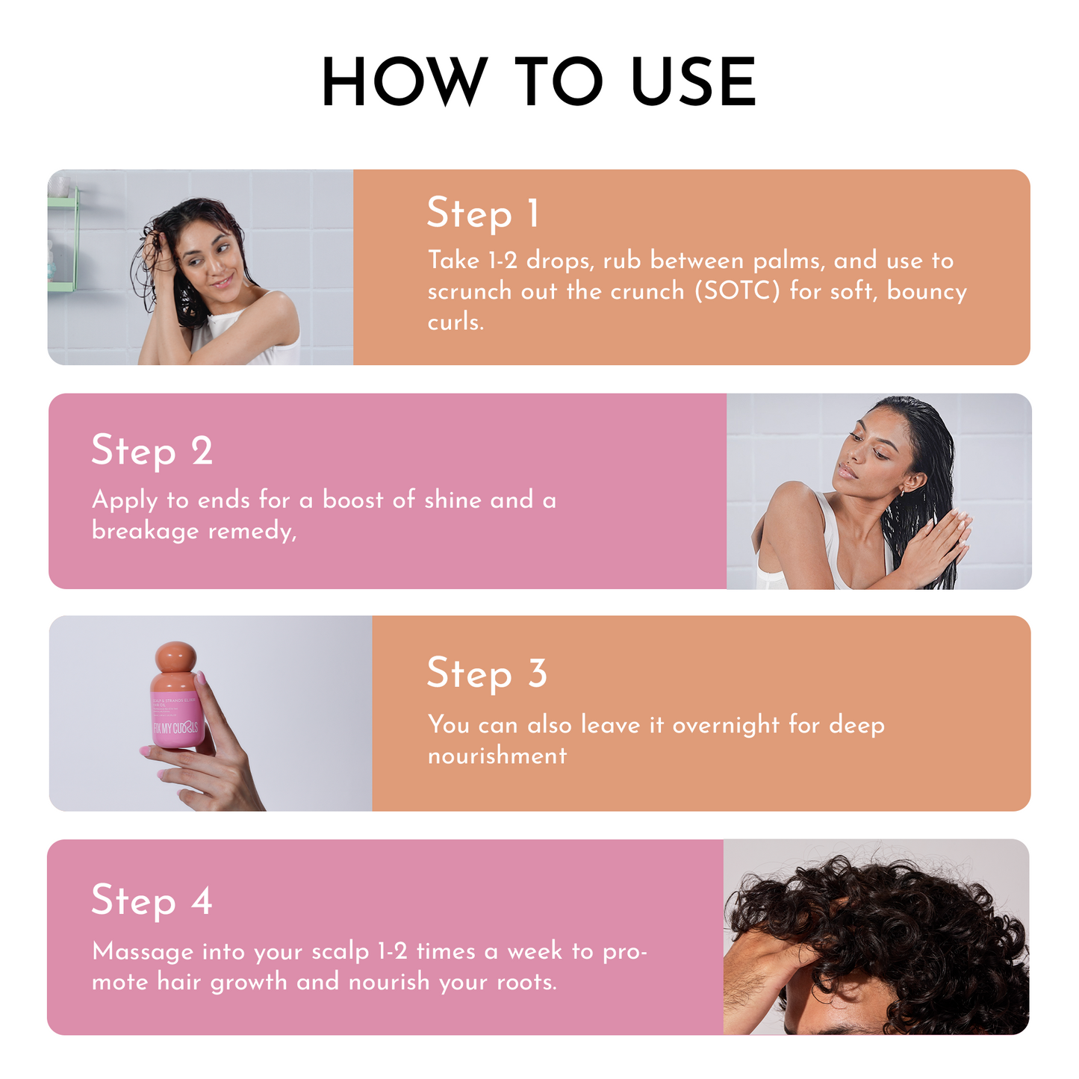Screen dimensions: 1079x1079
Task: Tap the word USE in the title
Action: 694,82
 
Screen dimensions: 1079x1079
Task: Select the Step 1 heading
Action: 482,214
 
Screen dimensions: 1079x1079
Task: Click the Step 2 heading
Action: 152,451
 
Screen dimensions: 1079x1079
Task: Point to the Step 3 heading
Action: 487,674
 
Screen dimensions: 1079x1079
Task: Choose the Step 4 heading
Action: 152,901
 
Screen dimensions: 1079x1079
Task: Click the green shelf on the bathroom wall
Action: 64,239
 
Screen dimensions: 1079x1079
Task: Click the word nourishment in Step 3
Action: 497,756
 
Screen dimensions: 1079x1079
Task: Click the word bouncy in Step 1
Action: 926,291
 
